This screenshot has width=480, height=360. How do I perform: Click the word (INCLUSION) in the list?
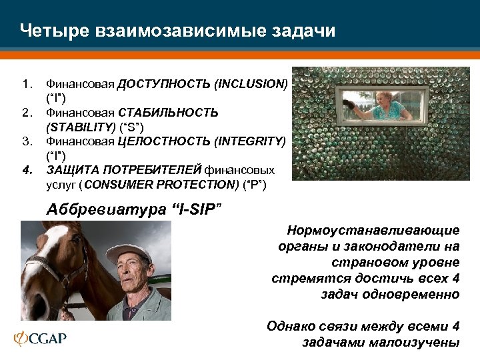coord(251,85)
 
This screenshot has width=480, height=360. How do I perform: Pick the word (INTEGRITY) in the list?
coord(251,141)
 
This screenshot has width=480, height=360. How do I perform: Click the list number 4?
coord(26,169)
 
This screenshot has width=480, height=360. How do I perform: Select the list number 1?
coord(26,85)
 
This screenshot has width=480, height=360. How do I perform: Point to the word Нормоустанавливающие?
coord(373,231)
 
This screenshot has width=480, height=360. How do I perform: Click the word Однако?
coord(290,327)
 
